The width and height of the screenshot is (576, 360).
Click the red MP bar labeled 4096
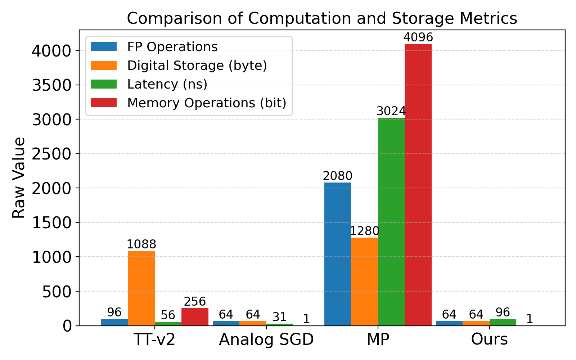tap(418, 185)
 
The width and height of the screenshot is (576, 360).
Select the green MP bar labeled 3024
tap(391, 222)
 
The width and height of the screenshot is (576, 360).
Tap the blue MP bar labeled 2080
tap(338, 254)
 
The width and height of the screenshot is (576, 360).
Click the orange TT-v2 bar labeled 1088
tap(141, 288)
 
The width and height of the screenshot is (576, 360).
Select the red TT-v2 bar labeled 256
tap(195, 317)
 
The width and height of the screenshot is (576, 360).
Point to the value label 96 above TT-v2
tap(114, 312)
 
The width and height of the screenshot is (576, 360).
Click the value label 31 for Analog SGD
tap(279, 317)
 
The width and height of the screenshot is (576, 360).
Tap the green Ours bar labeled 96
tap(503, 322)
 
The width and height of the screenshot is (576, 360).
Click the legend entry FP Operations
tap(172, 47)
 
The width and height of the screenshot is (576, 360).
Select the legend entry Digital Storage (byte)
tap(197, 66)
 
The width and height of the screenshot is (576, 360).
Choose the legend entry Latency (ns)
tap(167, 84)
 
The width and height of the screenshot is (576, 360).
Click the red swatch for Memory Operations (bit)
tap(104, 103)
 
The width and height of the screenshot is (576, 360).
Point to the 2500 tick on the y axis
tap(51, 154)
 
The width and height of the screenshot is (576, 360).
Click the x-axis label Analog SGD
tap(266, 339)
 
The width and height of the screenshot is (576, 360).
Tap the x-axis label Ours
tap(489, 339)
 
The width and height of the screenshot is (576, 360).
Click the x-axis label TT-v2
tap(154, 339)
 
